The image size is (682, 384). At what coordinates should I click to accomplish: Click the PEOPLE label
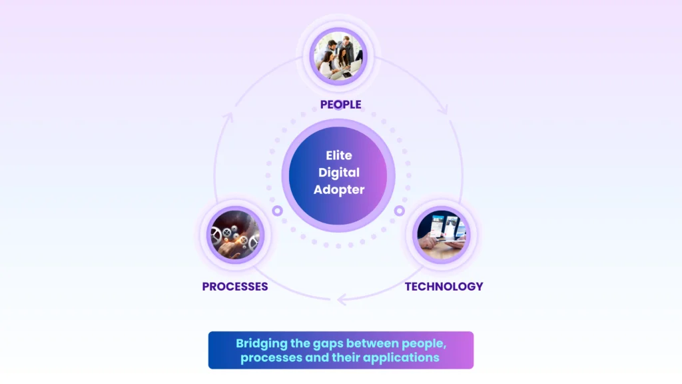(x=340, y=105)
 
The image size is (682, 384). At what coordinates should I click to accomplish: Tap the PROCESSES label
(x=235, y=287)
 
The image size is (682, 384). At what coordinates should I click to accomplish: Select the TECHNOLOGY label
(x=444, y=287)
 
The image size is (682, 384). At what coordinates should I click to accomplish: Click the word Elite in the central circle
(x=338, y=155)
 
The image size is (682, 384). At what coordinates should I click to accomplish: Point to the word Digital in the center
(x=338, y=173)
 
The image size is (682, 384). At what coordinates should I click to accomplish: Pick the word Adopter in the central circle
(x=339, y=190)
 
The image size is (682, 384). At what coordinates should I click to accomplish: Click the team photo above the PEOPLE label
(x=340, y=56)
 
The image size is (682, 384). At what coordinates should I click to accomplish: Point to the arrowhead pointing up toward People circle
(x=228, y=118)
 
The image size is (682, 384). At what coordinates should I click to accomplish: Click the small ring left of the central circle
(x=278, y=211)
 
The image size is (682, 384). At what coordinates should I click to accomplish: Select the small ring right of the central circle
(x=400, y=211)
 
